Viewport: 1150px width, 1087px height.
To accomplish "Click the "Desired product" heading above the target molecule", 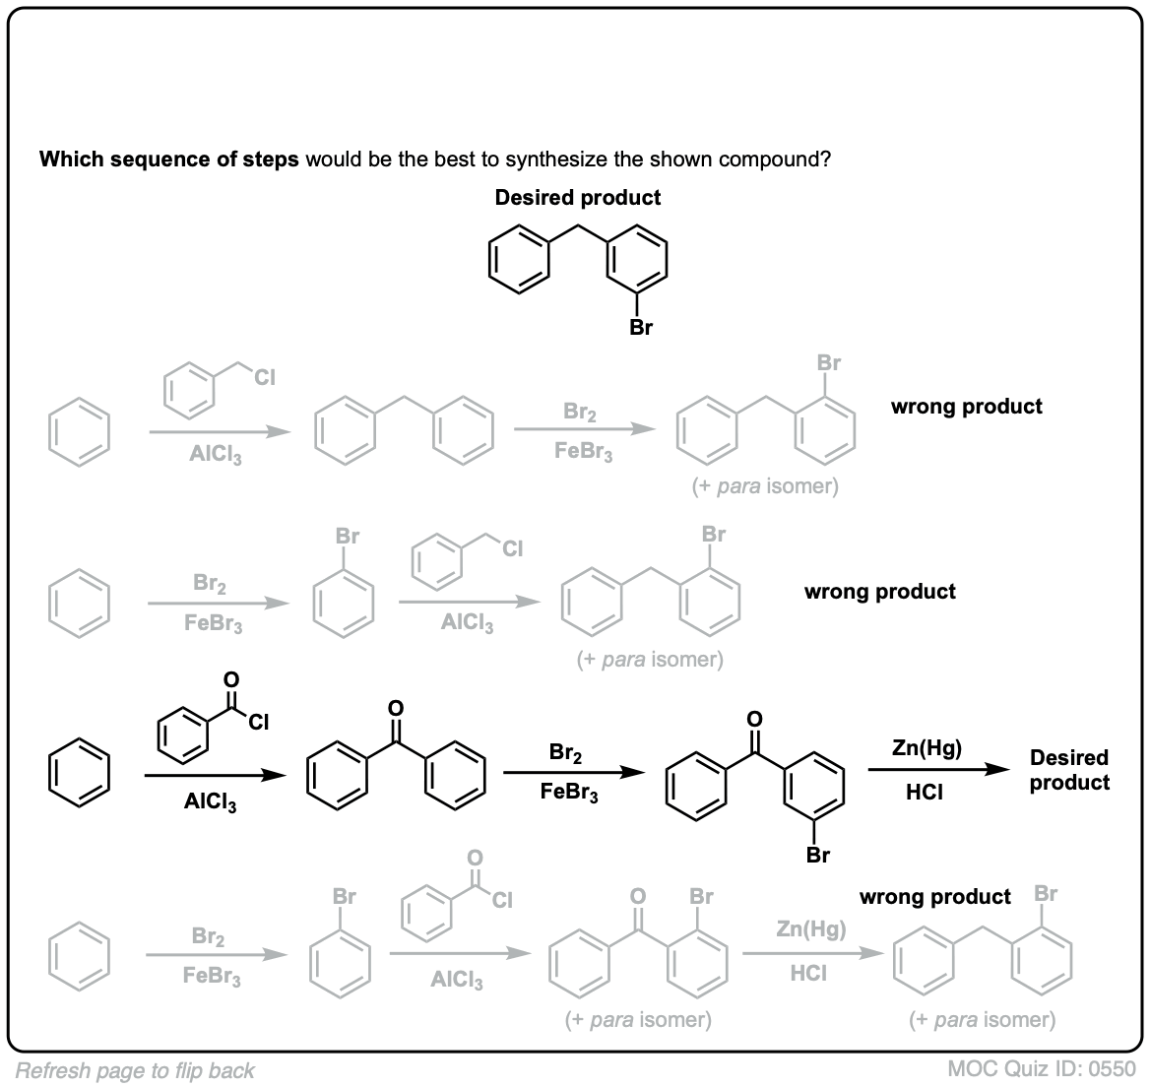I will [x=577, y=197].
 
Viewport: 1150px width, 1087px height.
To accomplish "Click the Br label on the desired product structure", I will [x=641, y=328].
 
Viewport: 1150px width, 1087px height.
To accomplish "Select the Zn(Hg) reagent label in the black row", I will [x=926, y=747].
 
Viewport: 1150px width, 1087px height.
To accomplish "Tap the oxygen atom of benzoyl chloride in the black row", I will [x=231, y=678].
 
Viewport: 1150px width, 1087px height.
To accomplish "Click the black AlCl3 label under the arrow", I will [x=211, y=802].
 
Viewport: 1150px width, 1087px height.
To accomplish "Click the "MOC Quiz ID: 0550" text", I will [x=1043, y=1069].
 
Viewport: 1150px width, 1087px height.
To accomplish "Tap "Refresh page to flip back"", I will [x=135, y=1070].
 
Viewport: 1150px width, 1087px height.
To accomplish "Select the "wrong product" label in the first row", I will [x=966, y=406].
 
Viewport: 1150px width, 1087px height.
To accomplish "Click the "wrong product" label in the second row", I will [x=879, y=592].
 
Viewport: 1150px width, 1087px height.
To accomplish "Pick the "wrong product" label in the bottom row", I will [x=934, y=897].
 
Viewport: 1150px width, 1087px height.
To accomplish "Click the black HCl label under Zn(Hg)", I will [x=926, y=793].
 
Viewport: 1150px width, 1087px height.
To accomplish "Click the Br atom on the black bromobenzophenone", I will [x=818, y=855].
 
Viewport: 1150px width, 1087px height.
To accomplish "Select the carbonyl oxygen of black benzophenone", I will [x=396, y=707].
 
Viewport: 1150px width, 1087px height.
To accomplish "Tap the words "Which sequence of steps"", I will [x=168, y=160].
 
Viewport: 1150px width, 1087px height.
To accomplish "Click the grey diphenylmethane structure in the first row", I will [x=405, y=430].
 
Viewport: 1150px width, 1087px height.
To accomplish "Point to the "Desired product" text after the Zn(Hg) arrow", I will [x=1069, y=770].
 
